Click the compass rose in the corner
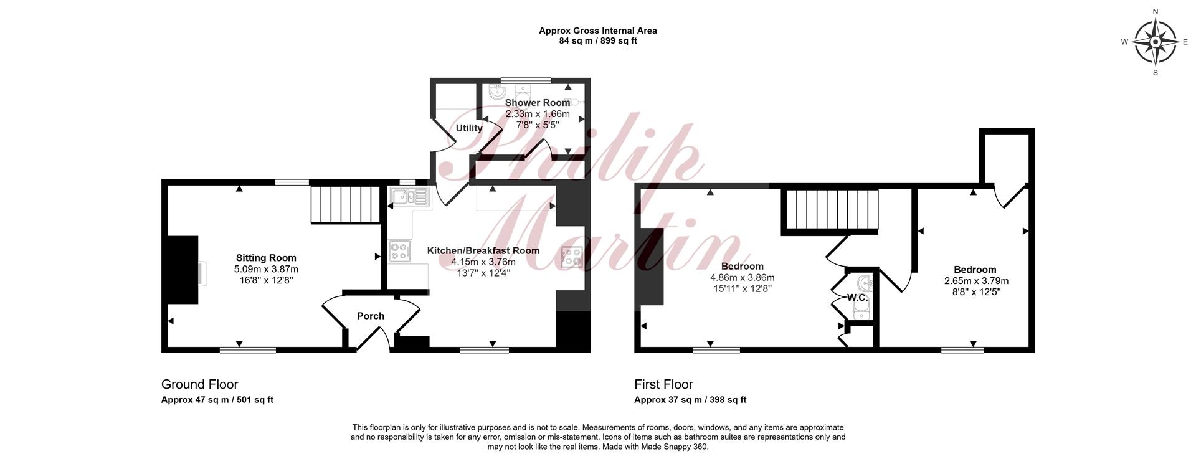click(1155, 42)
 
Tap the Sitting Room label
click(266, 258)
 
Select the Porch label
click(371, 316)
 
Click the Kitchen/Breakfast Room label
click(483, 250)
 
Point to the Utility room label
click(469, 128)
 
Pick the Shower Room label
click(538, 103)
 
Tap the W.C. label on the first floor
click(857, 298)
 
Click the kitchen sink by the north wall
click(409, 197)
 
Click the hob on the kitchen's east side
click(572, 257)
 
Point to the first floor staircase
click(830, 211)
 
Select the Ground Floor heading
click(199, 384)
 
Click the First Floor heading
click(663, 384)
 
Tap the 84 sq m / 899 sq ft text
click(598, 41)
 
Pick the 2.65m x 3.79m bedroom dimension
click(976, 281)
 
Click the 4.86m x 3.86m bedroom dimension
click(743, 278)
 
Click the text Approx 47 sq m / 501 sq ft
click(217, 400)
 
